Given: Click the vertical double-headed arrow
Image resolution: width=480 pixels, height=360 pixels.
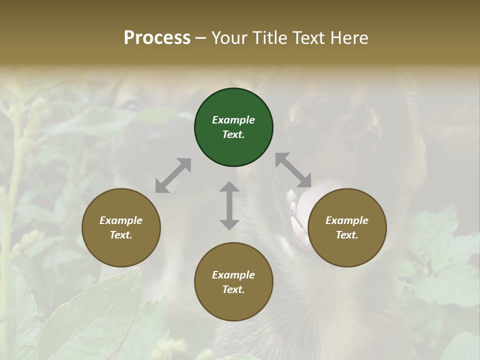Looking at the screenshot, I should (x=229, y=205).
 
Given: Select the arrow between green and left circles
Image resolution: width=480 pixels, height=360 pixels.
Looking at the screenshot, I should (x=173, y=175).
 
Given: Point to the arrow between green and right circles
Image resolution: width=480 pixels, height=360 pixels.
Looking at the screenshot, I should (x=293, y=170).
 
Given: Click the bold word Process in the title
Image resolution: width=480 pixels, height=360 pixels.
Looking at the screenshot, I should (x=157, y=38).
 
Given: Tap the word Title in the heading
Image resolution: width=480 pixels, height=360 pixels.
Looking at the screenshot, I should (x=271, y=38).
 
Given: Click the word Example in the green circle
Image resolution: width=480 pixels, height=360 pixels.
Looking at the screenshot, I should (x=233, y=120).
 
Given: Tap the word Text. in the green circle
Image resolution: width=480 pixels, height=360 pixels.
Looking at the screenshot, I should (x=233, y=134).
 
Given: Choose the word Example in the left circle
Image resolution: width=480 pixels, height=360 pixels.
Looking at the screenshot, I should (x=121, y=220).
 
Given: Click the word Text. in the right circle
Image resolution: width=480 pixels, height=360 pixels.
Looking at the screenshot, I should (x=347, y=235).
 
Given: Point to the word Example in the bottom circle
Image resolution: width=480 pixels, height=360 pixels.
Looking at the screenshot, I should (x=233, y=275).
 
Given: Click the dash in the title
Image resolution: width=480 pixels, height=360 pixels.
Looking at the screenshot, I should (x=201, y=38).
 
